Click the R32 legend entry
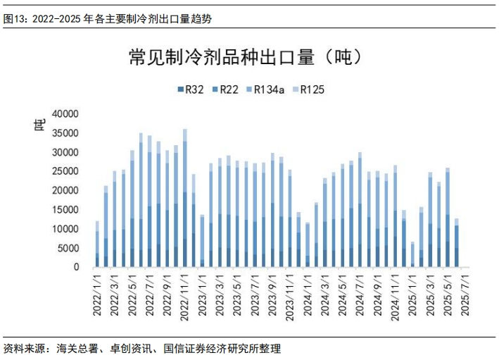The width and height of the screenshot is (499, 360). click(191, 89)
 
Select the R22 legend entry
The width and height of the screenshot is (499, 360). click(225, 89)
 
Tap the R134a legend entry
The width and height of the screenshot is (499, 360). click(265, 89)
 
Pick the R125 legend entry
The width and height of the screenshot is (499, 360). click(308, 89)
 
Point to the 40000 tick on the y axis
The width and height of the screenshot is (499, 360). click(65, 113)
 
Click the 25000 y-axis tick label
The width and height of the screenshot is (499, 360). click(65, 171)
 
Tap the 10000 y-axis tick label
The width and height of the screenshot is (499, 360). click(65, 229)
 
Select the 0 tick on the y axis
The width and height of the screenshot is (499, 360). click(76, 267)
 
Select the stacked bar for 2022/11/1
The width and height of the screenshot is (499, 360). click(185, 198)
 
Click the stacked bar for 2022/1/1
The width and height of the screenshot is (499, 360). click(97, 244)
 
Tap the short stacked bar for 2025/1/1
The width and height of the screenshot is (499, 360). click(412, 254)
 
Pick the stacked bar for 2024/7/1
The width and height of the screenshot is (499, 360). click(360, 210)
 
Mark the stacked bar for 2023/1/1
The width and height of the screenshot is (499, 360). click(202, 241)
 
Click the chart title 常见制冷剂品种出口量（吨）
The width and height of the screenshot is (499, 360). click(246, 57)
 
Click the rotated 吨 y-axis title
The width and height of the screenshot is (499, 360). click(39, 125)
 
